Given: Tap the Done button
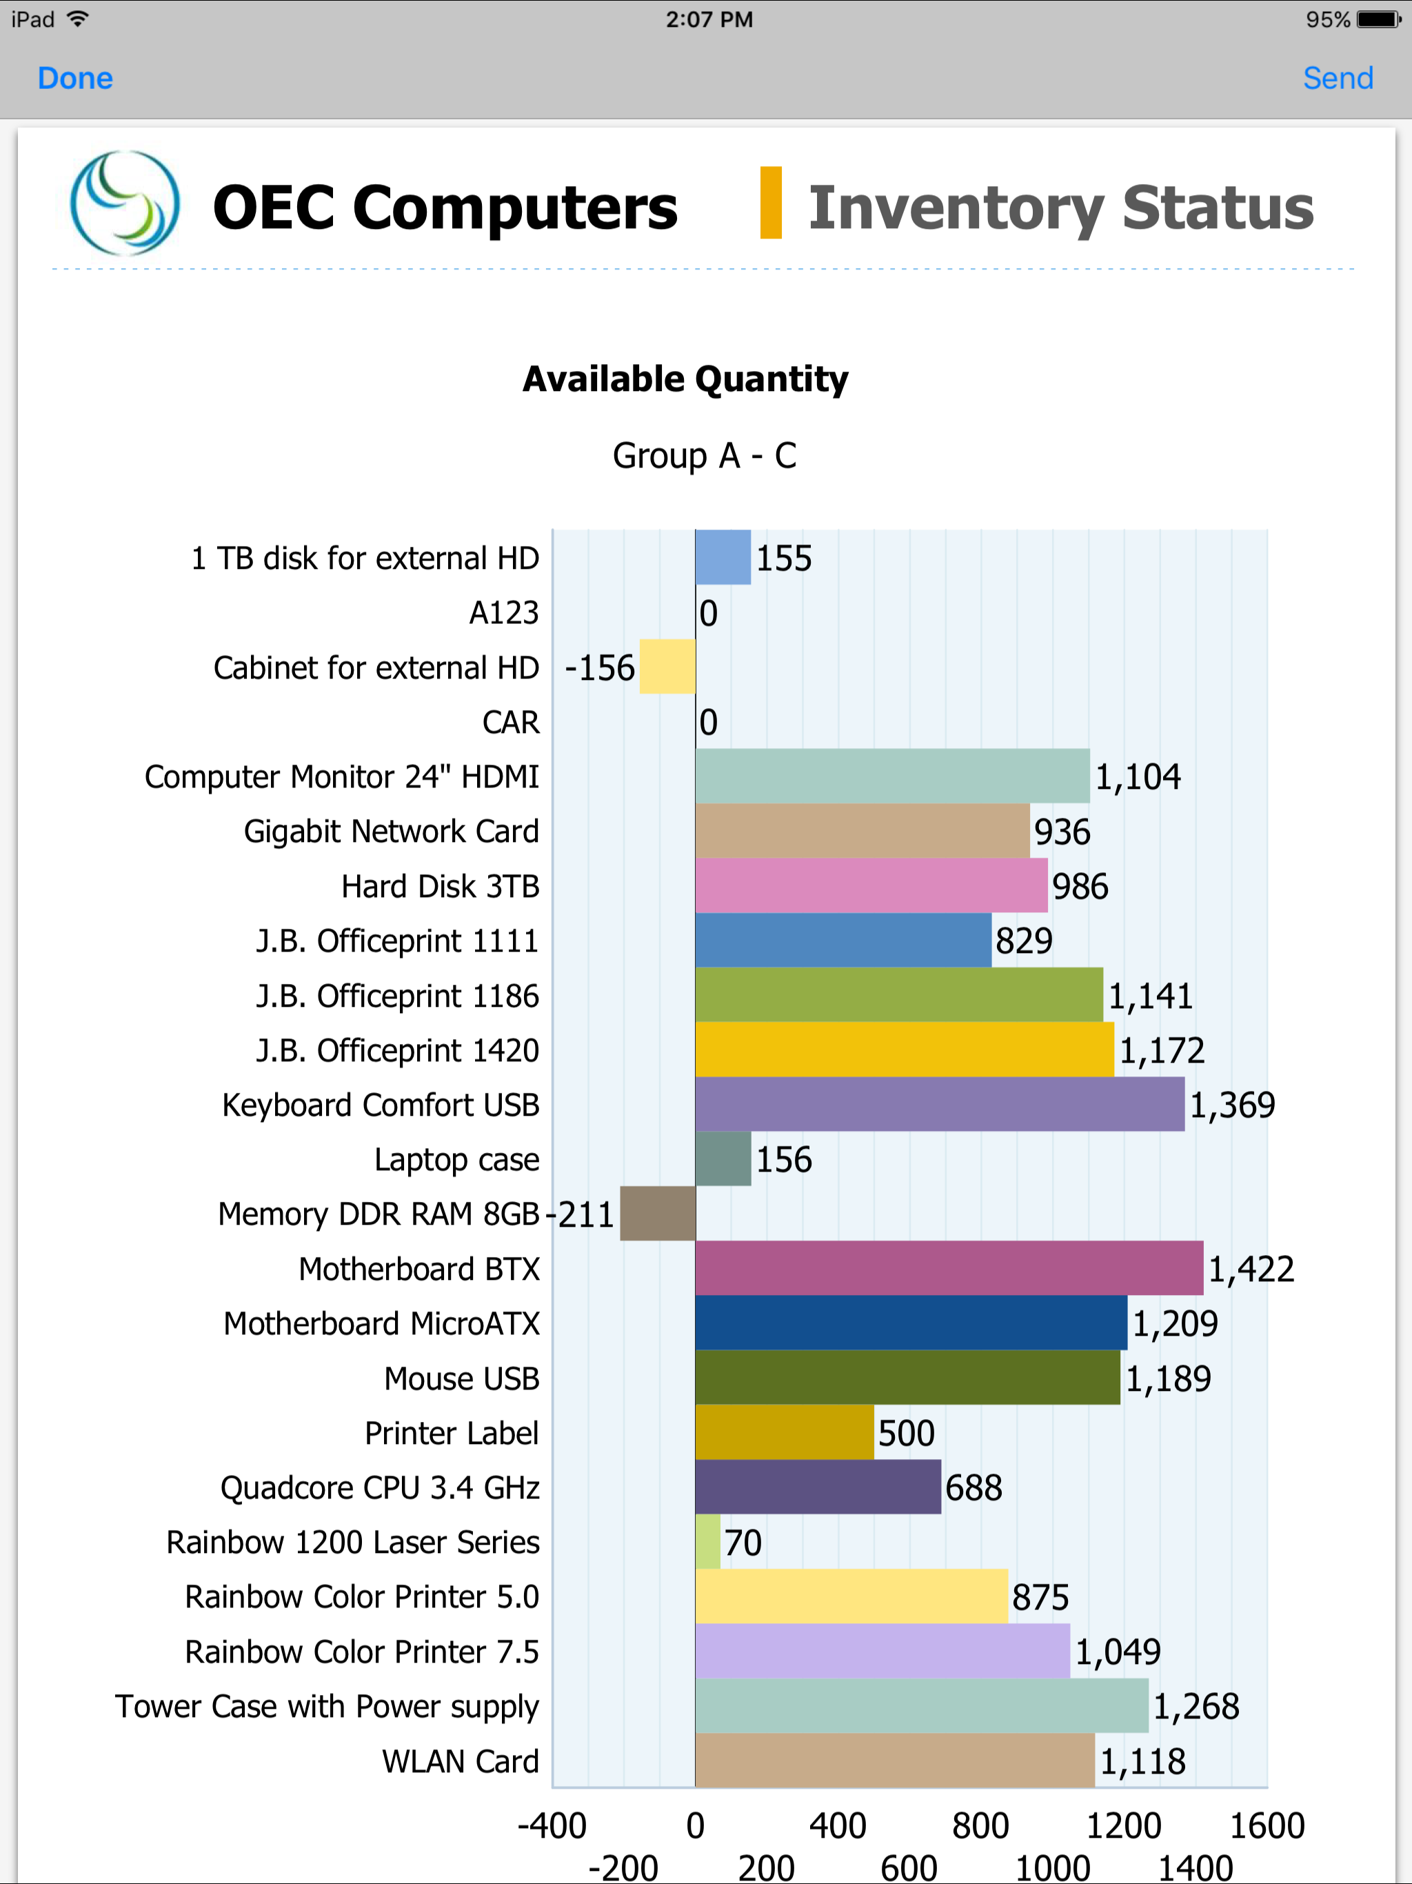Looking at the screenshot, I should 75,79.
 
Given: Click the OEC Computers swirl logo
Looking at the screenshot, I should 124,204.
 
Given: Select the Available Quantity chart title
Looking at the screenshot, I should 685,379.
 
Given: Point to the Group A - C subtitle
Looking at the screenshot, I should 705,456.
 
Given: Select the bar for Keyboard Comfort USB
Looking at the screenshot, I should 938,1104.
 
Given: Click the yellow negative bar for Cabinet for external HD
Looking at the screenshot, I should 667,667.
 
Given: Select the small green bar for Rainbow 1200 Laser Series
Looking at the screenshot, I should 707,1541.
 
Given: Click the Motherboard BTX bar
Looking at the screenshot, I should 948,1268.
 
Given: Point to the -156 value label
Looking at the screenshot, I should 600,668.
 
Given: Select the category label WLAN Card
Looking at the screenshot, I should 460,1761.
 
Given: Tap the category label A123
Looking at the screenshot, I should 503,612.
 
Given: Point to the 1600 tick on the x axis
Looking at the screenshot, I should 1267,1826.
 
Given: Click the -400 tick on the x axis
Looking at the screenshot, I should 552,1826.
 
